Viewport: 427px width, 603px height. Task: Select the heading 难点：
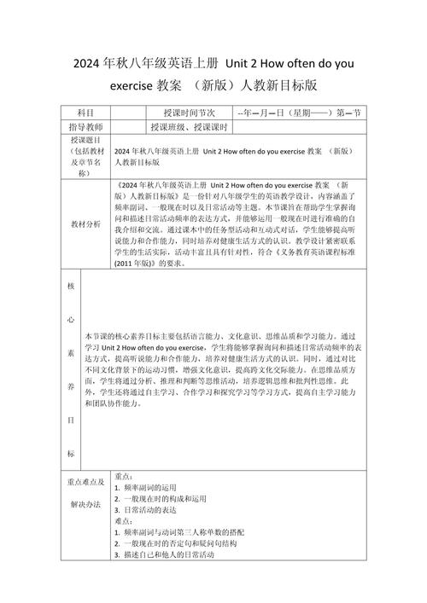123,519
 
